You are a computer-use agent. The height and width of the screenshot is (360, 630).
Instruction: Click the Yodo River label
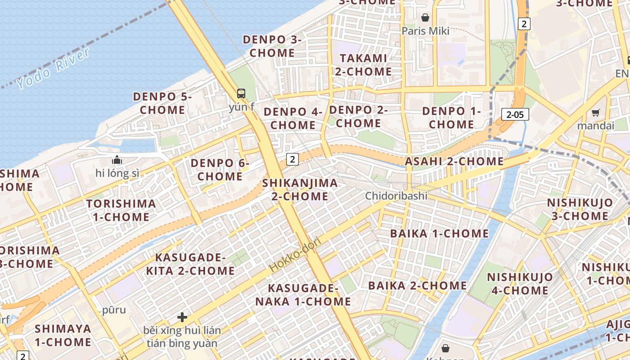pyautogui.click(x=53, y=68)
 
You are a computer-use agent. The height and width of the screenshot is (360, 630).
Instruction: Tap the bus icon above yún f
pyautogui.click(x=241, y=94)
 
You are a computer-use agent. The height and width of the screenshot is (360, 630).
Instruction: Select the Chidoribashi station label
pyautogui.click(x=396, y=196)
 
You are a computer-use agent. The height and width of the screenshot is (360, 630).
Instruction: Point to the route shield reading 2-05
pyautogui.click(x=515, y=114)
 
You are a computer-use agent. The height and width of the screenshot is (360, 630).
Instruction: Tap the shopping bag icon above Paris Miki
pyautogui.click(x=425, y=18)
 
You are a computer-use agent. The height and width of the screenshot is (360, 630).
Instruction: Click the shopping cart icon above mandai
pyautogui.click(x=596, y=112)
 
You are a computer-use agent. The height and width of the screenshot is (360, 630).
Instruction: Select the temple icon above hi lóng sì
pyautogui.click(x=117, y=160)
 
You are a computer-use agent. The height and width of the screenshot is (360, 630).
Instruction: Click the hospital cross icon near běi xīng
pyautogui.click(x=182, y=317)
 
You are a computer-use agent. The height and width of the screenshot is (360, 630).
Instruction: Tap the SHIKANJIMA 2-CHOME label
pyautogui.click(x=300, y=189)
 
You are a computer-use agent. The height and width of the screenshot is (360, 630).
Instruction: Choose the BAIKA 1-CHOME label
pyautogui.click(x=439, y=233)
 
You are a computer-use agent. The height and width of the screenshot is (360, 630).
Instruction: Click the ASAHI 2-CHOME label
pyautogui.click(x=454, y=161)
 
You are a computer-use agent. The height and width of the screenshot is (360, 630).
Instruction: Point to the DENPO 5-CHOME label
pyautogui.click(x=162, y=103)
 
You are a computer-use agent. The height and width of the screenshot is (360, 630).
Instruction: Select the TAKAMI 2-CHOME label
pyautogui.click(x=363, y=65)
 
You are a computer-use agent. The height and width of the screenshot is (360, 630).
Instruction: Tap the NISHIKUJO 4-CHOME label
pyautogui.click(x=520, y=283)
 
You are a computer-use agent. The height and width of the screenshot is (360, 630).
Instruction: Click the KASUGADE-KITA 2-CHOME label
pyautogui.click(x=190, y=264)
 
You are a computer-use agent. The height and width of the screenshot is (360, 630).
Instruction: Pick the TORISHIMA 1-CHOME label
pyautogui.click(x=121, y=210)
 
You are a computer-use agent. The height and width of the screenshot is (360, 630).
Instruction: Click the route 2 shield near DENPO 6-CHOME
pyautogui.click(x=292, y=159)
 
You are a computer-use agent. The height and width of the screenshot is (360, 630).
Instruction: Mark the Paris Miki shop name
pyautogui.click(x=425, y=31)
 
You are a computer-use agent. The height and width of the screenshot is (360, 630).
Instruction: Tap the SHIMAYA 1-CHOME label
pyautogui.click(x=63, y=335)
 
